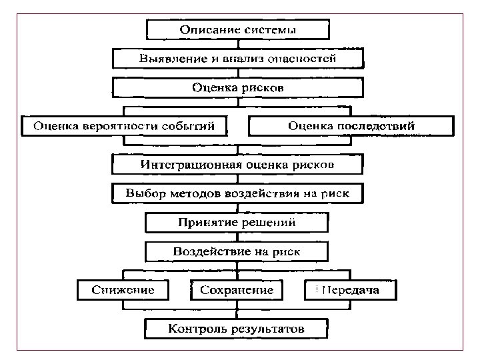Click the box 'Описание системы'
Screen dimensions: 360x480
point(237,30)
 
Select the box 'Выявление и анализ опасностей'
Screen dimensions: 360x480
point(237,59)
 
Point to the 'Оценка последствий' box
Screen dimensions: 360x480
point(351,126)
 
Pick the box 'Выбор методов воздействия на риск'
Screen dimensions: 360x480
point(237,193)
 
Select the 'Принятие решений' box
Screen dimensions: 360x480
point(237,222)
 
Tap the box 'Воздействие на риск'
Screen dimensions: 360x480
point(237,251)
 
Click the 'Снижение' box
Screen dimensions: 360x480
point(123,290)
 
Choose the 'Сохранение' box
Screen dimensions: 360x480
point(237,290)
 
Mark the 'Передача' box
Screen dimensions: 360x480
point(351,290)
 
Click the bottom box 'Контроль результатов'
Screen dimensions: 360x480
point(237,329)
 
